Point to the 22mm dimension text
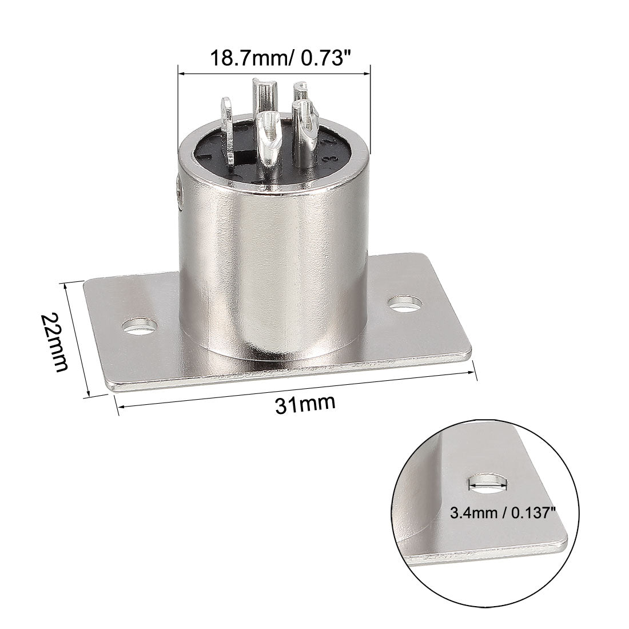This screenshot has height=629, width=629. [54, 341]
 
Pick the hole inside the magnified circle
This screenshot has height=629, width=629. [487, 484]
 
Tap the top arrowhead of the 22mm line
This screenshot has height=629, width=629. [67, 284]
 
